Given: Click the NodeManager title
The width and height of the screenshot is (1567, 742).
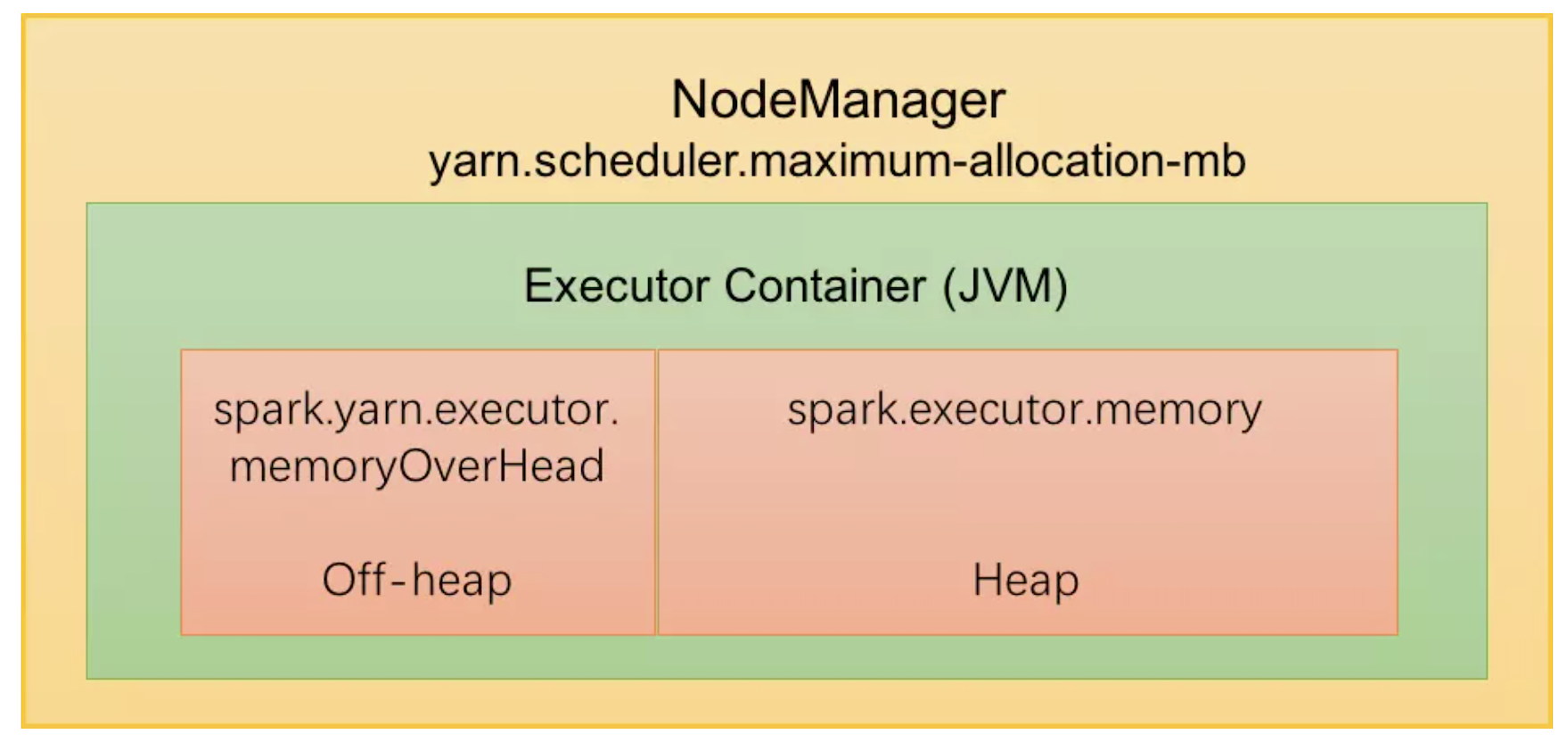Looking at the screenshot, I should [x=838, y=99].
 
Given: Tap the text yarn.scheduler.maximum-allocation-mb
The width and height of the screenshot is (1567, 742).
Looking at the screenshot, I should [x=837, y=161].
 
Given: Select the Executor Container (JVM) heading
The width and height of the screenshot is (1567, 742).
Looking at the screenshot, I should [x=795, y=286].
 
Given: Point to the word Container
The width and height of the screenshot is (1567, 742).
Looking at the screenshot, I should [x=825, y=286].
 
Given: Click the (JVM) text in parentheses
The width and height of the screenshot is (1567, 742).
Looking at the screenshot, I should [x=1005, y=286].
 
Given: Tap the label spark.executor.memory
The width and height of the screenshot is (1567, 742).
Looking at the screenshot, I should [x=1024, y=410].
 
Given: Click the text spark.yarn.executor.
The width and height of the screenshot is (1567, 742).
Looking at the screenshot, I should [x=416, y=410].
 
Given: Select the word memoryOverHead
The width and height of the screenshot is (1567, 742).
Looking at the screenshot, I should [x=416, y=466].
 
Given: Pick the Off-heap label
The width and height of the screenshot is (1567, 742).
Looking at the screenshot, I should [x=416, y=581].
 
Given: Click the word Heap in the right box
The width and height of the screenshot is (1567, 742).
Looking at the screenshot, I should [x=1026, y=581].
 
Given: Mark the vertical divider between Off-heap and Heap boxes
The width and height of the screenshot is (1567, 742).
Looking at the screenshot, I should [x=657, y=492].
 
